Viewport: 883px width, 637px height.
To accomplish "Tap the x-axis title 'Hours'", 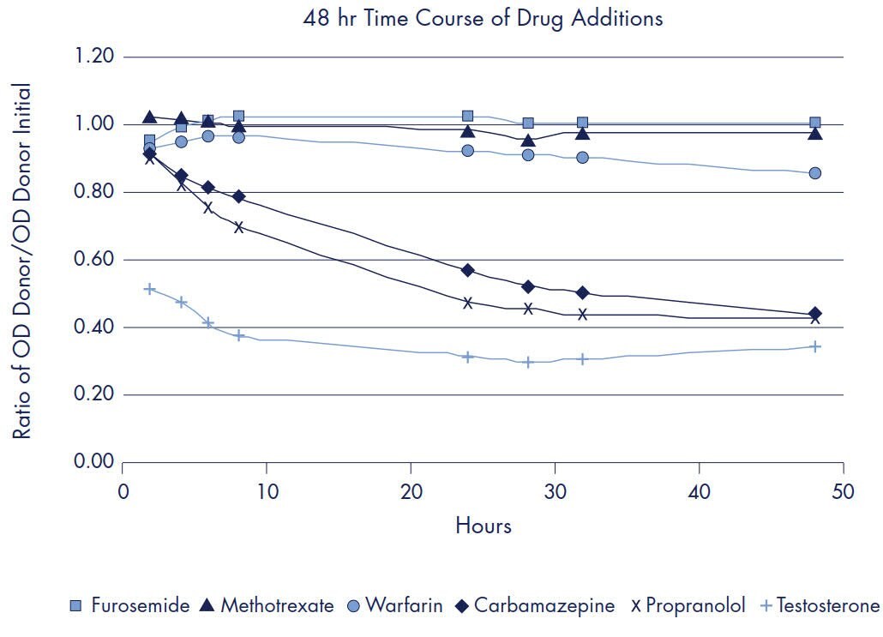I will [x=483, y=525].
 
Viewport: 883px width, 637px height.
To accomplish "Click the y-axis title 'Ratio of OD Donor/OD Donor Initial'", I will [x=22, y=261].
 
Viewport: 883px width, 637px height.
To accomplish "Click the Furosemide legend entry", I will [x=129, y=606].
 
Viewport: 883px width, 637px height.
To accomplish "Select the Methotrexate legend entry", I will [x=267, y=606].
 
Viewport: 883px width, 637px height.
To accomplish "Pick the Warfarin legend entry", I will [x=394, y=606].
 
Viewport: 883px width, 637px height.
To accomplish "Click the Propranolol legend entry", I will [x=688, y=606].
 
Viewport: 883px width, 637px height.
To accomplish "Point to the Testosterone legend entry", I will [x=820, y=606].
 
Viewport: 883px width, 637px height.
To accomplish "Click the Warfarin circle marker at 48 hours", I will [x=814, y=173].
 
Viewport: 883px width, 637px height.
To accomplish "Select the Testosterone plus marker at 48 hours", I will [x=815, y=346].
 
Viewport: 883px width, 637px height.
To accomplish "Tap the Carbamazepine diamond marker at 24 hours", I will [x=468, y=270].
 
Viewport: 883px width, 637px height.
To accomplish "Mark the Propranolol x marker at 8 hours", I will [x=238, y=227].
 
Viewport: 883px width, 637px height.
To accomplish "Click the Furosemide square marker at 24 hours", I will [x=468, y=116].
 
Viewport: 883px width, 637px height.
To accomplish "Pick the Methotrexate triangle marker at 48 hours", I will [x=815, y=133].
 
